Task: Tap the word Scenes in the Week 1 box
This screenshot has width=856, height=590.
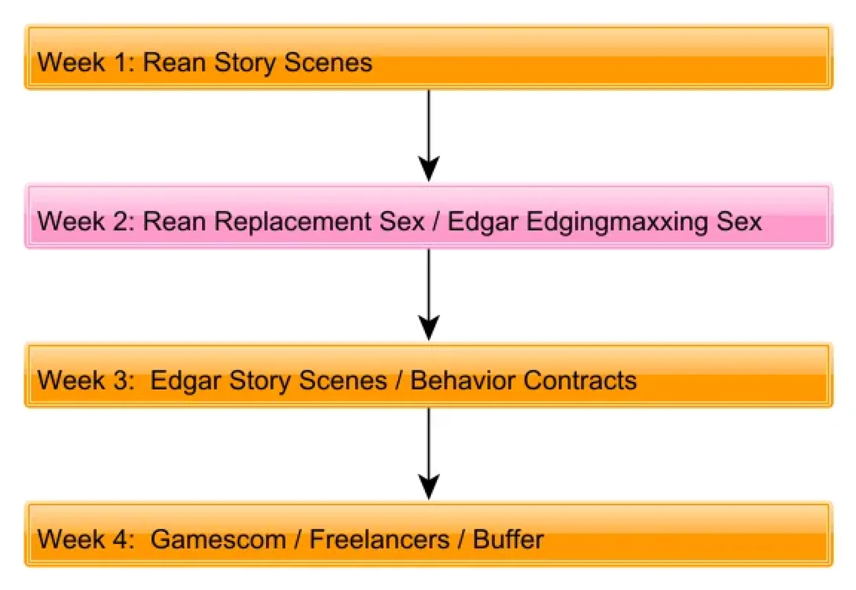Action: (328, 62)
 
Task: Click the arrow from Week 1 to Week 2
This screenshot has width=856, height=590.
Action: (429, 135)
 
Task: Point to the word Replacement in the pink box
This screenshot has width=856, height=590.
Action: (292, 221)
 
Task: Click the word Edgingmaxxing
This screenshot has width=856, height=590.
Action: (616, 222)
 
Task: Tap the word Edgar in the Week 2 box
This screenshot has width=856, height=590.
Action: (483, 222)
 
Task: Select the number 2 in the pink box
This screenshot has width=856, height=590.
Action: (121, 221)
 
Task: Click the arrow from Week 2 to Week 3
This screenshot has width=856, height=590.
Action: (429, 294)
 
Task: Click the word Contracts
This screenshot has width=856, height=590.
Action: (580, 380)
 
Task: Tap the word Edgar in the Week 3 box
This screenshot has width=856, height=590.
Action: (186, 381)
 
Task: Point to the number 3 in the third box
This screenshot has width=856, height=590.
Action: (121, 380)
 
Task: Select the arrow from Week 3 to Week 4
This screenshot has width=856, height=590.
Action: (429, 453)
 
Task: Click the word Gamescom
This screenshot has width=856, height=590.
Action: (218, 539)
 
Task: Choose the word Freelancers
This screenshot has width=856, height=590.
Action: (380, 539)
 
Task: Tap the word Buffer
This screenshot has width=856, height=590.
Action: (508, 539)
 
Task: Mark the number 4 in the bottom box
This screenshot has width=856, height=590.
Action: (121, 539)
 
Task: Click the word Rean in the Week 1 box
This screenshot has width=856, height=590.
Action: (174, 62)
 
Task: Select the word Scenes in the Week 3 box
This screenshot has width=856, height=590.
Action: (343, 380)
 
